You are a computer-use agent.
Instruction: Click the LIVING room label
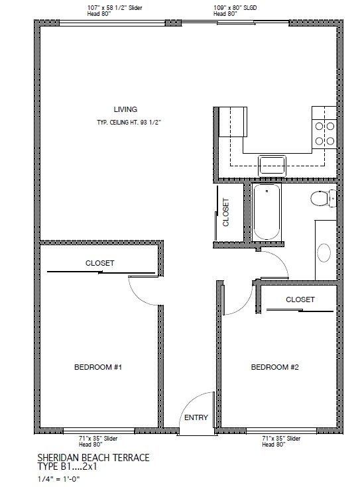[x=125, y=109]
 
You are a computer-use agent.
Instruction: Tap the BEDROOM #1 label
[x=98, y=367]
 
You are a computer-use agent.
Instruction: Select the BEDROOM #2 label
[x=274, y=367]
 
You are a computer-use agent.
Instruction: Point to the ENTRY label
[x=196, y=417]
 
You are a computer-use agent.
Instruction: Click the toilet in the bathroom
[x=324, y=198]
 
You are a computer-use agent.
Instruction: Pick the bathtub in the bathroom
[x=267, y=212]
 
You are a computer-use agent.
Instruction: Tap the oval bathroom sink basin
[x=324, y=253]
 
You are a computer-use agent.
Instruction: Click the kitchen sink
[x=272, y=166]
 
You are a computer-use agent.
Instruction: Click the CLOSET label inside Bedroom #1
[x=100, y=263]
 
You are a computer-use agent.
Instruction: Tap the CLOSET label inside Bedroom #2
[x=300, y=299]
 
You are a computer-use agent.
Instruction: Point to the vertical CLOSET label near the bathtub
[x=226, y=212]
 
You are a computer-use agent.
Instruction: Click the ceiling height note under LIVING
[x=129, y=123]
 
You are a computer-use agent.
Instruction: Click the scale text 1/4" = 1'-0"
[x=59, y=479]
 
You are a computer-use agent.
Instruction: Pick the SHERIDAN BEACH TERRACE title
[x=93, y=457]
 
